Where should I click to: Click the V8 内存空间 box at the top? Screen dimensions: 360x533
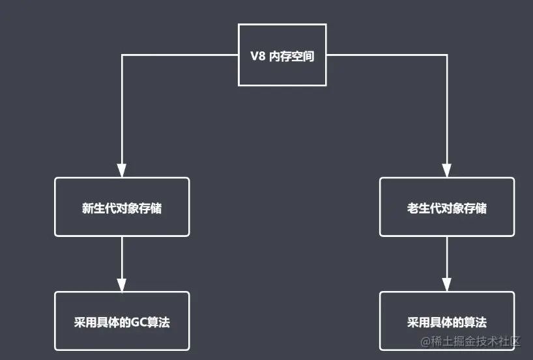click(x=282, y=55)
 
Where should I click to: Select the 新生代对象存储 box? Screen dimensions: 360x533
click(x=122, y=207)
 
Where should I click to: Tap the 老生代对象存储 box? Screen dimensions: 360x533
click(x=446, y=207)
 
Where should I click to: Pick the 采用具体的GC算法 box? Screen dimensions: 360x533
click(x=122, y=321)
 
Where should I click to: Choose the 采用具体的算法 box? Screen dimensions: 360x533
click(x=446, y=321)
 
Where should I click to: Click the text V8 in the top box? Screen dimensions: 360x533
click(x=258, y=57)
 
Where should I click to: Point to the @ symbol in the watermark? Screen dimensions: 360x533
click(x=426, y=341)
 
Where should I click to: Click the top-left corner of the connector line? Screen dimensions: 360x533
click(x=122, y=55)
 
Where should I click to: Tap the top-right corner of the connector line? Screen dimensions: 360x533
click(x=447, y=55)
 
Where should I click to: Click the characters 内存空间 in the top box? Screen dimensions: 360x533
click(x=292, y=57)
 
